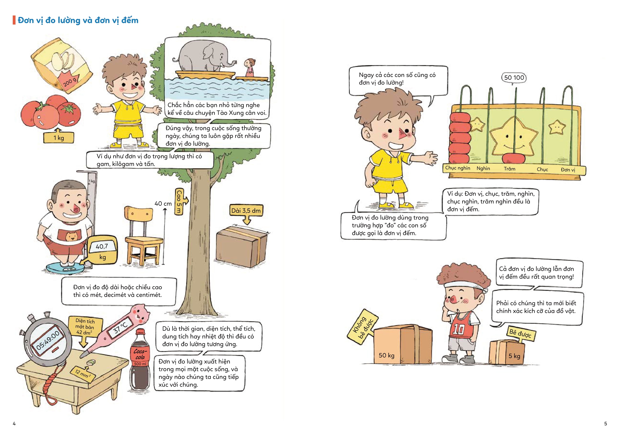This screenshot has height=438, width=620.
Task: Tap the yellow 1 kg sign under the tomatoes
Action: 59,138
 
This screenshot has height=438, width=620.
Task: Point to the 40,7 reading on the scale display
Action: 102,246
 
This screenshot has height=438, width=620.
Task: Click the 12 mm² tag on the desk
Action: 83,373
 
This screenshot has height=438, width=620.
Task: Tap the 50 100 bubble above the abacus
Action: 514,78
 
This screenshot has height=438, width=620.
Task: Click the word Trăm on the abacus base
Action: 509,169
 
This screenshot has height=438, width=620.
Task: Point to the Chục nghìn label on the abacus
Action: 457,168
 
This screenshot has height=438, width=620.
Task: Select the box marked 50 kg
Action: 402,344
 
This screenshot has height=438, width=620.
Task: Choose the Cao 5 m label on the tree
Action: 179,201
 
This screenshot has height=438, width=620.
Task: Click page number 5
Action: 606,424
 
